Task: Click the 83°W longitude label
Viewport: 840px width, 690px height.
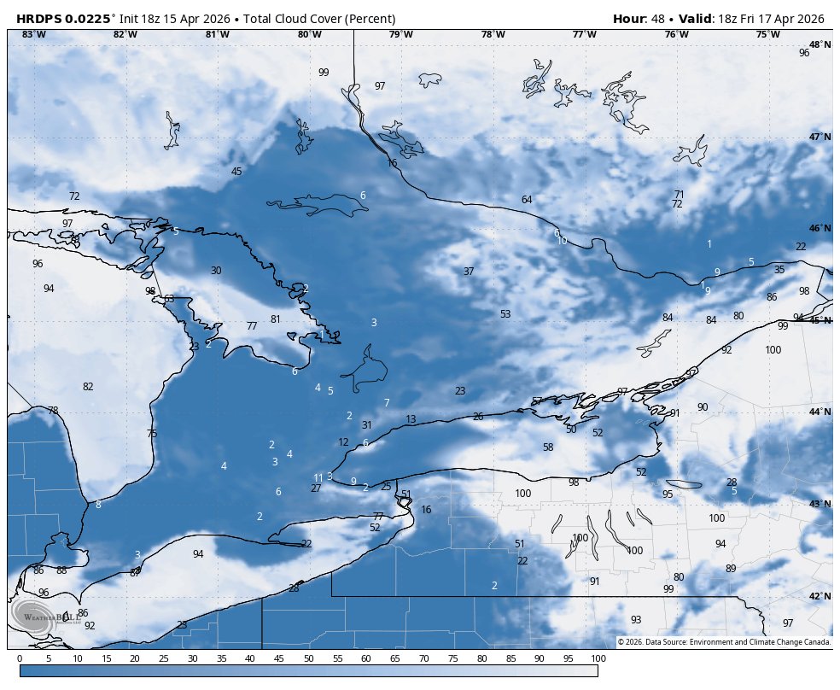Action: click(x=33, y=34)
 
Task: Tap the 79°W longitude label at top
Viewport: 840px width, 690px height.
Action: click(x=401, y=34)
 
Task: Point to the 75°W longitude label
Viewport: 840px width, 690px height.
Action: click(x=767, y=34)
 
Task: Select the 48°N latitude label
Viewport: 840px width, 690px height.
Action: click(x=820, y=44)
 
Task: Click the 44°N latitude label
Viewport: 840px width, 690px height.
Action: click(x=820, y=412)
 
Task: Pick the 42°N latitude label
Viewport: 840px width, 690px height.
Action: click(x=820, y=596)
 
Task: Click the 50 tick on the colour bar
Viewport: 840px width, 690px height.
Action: click(x=308, y=658)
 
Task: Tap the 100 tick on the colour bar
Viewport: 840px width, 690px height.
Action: click(x=598, y=658)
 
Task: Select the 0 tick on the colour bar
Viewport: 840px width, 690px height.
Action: click(x=20, y=658)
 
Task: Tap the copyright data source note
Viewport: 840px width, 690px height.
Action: click(x=724, y=642)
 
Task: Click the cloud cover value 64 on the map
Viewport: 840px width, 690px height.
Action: click(x=527, y=200)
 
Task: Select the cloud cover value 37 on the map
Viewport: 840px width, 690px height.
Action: click(x=469, y=272)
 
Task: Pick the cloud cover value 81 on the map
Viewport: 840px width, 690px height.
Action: click(x=276, y=319)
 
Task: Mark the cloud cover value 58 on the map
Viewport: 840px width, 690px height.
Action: click(x=548, y=447)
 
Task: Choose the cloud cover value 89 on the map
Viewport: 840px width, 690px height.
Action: click(x=731, y=569)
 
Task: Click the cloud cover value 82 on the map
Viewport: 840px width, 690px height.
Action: click(x=88, y=387)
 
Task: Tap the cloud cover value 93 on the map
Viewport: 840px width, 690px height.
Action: click(x=636, y=620)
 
